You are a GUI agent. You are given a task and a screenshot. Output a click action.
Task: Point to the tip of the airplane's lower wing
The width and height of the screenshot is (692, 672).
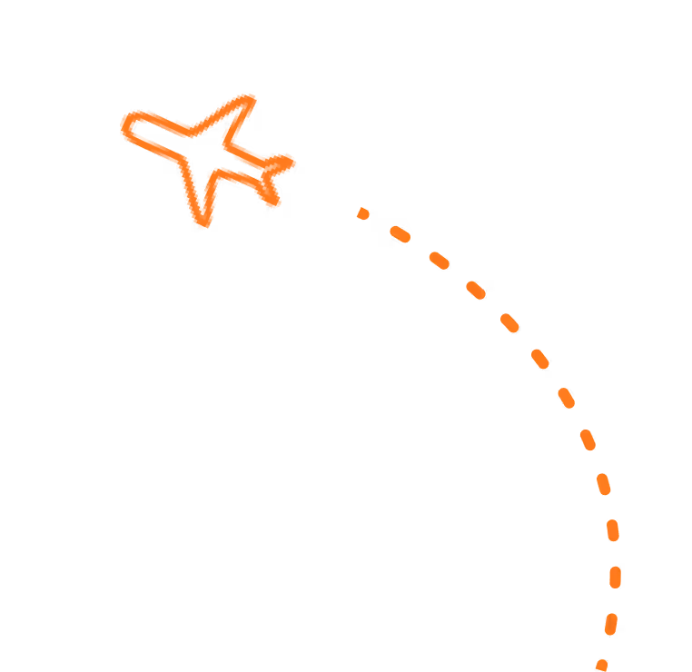pyautogui.click(x=203, y=223)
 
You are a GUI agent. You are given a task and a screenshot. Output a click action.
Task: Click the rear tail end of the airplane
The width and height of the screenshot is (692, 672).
pyautogui.click(x=290, y=163)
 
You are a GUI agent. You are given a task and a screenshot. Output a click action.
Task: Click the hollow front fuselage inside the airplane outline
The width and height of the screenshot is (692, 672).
pyautogui.click(x=159, y=138)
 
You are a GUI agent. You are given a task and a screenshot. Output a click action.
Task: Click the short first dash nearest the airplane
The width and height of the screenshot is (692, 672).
pyautogui.click(x=363, y=213)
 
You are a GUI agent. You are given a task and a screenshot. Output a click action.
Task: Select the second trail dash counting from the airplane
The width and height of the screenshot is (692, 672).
pyautogui.click(x=400, y=234)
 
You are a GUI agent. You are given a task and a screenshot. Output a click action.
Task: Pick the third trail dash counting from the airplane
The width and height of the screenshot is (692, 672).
pyautogui.click(x=439, y=261)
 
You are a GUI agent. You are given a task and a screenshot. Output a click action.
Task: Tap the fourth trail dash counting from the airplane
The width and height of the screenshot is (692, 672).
pyautogui.click(x=476, y=291)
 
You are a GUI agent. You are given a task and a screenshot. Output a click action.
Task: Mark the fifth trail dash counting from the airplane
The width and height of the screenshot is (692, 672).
pyautogui.click(x=509, y=322)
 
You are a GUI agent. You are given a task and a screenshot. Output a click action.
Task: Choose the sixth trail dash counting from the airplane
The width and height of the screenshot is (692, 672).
pyautogui.click(x=540, y=359)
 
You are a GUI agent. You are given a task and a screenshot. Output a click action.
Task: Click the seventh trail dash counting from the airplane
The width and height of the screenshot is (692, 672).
pyautogui.click(x=566, y=398)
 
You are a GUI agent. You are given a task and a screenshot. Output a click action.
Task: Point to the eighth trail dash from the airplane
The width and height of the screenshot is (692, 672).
pyautogui.click(x=588, y=440)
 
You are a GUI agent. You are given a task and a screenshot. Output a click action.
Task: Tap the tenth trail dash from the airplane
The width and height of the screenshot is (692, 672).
pyautogui.click(x=613, y=529)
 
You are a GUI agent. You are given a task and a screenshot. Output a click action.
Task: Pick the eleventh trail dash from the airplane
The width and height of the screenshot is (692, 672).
pyautogui.click(x=615, y=577)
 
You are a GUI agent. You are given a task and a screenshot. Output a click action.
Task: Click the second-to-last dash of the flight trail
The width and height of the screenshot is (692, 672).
pyautogui.click(x=611, y=624)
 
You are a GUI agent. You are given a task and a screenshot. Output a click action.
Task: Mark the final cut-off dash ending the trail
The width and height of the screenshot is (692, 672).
pyautogui.click(x=601, y=666)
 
